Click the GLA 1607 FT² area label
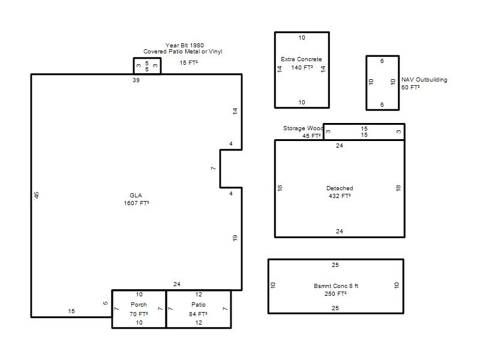pos(136,199)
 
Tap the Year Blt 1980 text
pos(185,46)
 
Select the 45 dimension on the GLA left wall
pos(37,195)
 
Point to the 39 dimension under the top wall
pos(136,80)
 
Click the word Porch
pos(139,305)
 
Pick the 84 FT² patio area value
pos(198,314)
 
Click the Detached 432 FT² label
pos(340,192)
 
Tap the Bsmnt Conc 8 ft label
pos(336,286)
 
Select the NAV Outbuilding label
pos(424,80)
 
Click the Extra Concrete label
pos(301,59)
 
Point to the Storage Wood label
pos(303,128)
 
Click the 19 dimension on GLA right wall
pos(235,238)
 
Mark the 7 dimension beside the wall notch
pos(214,169)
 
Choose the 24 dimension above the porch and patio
pos(176,284)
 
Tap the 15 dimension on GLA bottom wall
pos(71,311)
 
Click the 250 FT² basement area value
pos(335,294)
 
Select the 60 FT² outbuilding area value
pos(410,88)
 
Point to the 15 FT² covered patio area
pos(188,63)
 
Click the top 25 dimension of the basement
pos(335,265)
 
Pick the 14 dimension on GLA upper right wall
pos(235,111)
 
